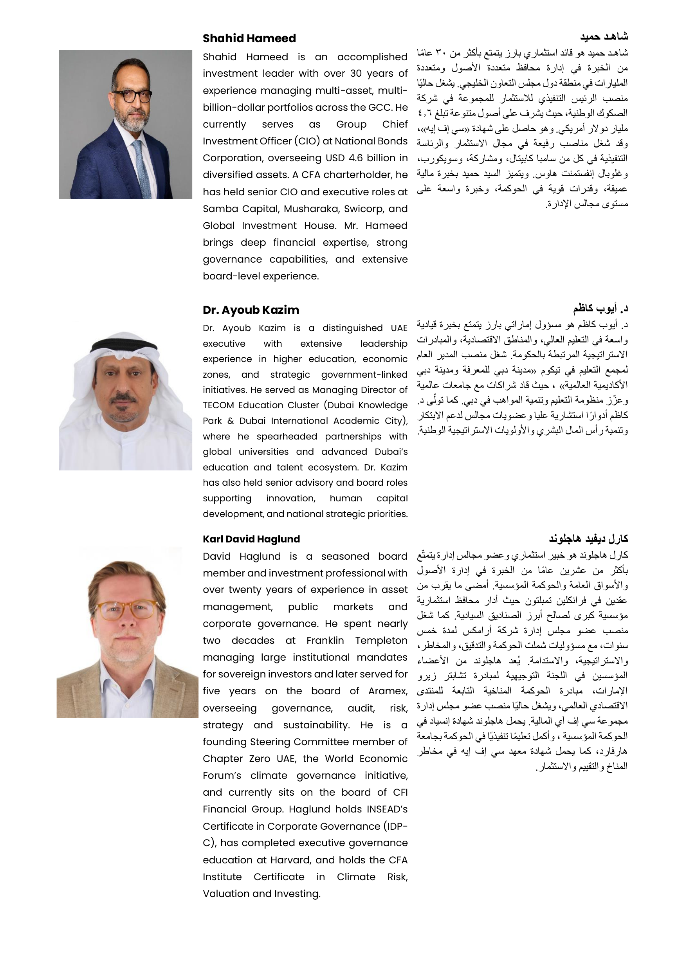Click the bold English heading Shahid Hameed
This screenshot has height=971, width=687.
click(249, 38)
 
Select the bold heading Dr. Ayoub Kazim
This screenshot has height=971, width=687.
click(251, 310)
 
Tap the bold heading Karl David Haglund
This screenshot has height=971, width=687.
click(251, 539)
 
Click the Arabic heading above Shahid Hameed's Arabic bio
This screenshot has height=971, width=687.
click(604, 37)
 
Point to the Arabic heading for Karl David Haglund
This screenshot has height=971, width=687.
click(588, 539)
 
